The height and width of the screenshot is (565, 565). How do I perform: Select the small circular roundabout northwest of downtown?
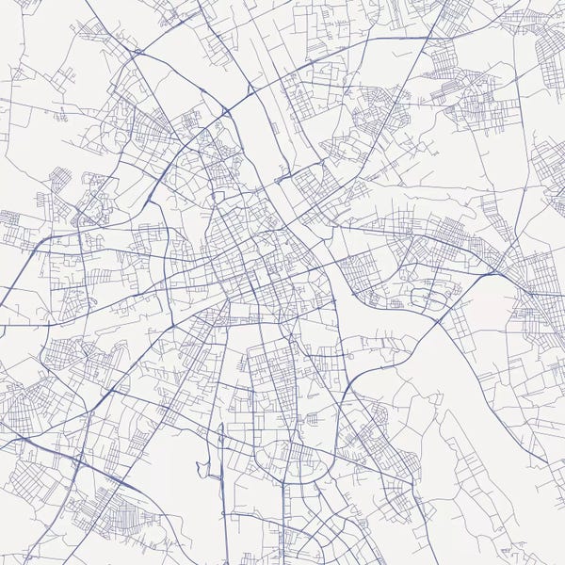pyautogui.click(x=216, y=198)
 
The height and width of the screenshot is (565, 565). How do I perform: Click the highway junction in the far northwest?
pyautogui.click(x=137, y=51)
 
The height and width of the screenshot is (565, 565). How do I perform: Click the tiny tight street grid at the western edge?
pyautogui.click(x=9, y=218)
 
